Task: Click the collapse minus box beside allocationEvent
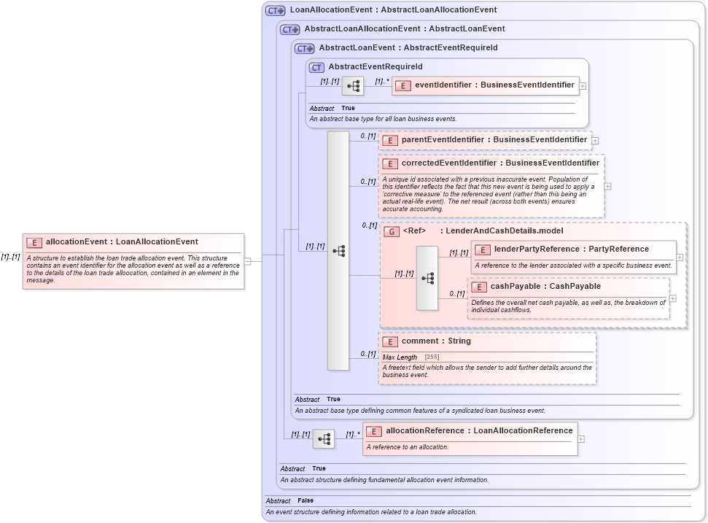coord(248,261)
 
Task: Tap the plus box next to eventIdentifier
coord(583,86)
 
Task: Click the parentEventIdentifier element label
coord(494,139)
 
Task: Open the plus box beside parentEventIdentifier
coord(595,140)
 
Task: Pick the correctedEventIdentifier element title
coord(500,163)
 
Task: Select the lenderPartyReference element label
coord(571,249)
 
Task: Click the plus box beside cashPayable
coord(672,298)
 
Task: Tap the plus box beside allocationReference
coord(580,439)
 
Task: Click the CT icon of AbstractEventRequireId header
coord(316,67)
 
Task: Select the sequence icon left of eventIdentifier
coord(353,86)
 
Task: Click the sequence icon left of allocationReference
coord(324,439)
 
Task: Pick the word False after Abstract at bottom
coord(306,501)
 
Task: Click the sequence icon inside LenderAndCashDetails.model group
coord(427,278)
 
